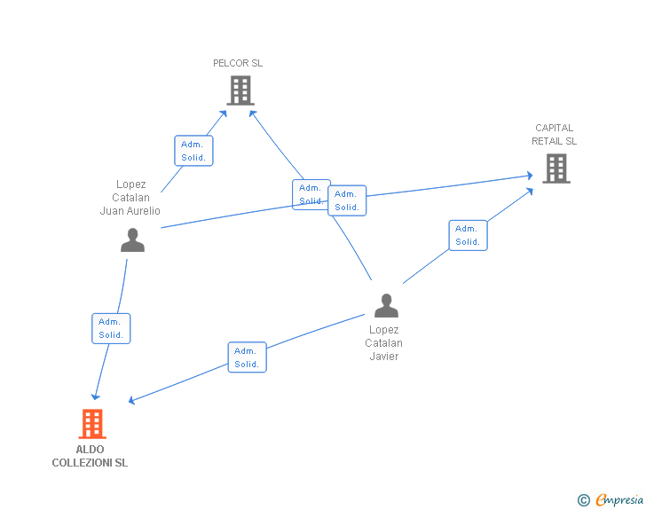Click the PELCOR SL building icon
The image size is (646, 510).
tap(240, 90)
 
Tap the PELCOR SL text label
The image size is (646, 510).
tap(238, 63)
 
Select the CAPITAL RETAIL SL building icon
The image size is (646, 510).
tap(555, 168)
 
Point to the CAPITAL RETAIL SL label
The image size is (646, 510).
tap(554, 134)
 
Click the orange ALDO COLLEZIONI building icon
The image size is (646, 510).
tap(92, 424)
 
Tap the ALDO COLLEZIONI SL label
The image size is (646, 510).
tap(90, 456)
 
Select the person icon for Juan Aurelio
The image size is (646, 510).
tap(132, 240)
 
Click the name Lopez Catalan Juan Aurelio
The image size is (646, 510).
tap(130, 198)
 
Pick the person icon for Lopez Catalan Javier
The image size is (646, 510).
tap(386, 306)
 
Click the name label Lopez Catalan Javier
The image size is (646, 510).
tap(384, 343)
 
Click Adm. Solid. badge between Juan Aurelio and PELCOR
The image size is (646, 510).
tap(193, 151)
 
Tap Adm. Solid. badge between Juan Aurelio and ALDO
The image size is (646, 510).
tap(111, 328)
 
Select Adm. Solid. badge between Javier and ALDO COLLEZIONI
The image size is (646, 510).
tap(247, 357)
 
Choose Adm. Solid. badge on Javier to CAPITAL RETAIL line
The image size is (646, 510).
tap(468, 235)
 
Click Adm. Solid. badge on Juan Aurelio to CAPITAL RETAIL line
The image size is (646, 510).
tap(347, 200)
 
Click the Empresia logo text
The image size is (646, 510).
tap(619, 500)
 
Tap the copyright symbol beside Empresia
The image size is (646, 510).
tap(584, 500)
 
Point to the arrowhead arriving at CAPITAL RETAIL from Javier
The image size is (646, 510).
tap(529, 190)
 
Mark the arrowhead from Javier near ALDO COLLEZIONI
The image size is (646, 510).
tap(131, 401)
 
